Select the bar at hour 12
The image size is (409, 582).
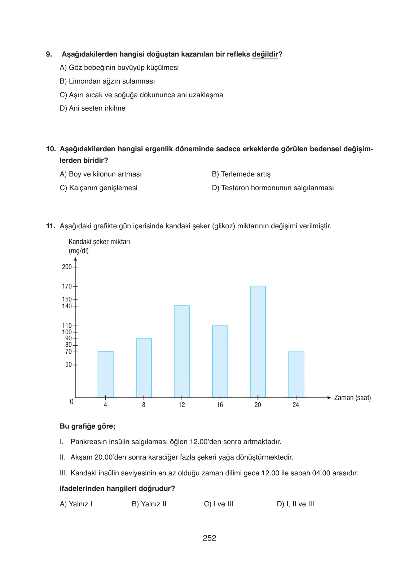click(x=182, y=352)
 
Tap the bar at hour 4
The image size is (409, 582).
click(x=106, y=375)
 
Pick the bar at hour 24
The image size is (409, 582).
click(x=296, y=375)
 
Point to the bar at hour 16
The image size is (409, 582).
click(x=220, y=362)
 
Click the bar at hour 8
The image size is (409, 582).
click(x=144, y=368)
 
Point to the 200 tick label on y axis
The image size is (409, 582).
click(x=67, y=267)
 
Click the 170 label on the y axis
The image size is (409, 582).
click(x=67, y=286)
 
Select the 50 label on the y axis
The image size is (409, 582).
click(x=69, y=364)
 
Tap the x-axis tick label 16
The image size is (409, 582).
click(x=220, y=405)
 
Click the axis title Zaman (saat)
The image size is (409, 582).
click(x=352, y=398)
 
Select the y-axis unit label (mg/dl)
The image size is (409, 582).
click(x=79, y=251)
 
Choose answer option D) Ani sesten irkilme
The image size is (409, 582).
click(x=93, y=108)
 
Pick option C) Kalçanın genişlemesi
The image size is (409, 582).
click(x=98, y=188)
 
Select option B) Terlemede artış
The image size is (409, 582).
click(x=241, y=174)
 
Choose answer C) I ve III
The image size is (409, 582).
click(x=219, y=504)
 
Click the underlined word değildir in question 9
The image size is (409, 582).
click(x=265, y=54)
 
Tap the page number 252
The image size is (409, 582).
click(x=210, y=538)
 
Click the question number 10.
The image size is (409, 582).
click(x=51, y=149)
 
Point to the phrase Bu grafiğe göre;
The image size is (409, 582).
click(x=88, y=426)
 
